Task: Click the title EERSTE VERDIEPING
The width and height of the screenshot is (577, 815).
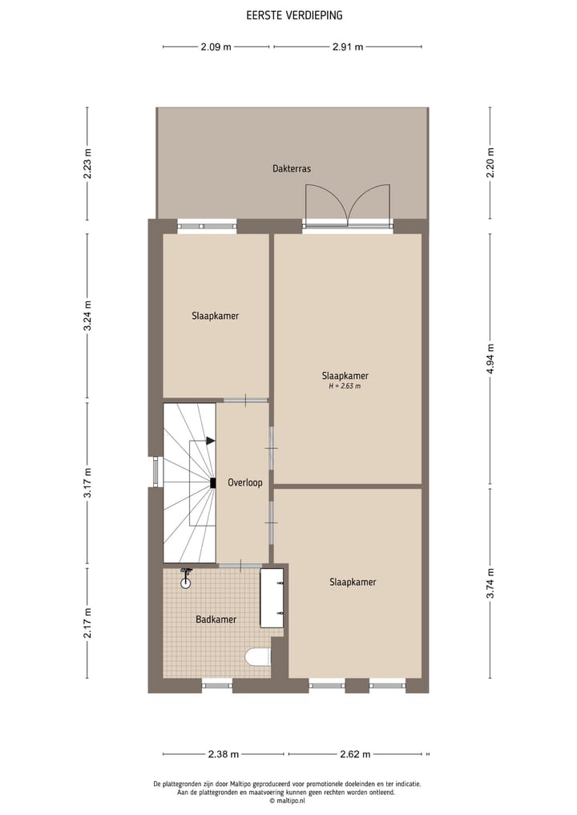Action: pyautogui.click(x=288, y=15)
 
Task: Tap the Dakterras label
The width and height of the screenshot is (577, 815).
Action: pyautogui.click(x=291, y=169)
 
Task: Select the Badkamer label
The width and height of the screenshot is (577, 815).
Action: pyautogui.click(x=216, y=619)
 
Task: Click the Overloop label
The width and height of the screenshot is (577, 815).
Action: pyautogui.click(x=244, y=482)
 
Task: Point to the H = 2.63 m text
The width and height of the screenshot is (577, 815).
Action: pyautogui.click(x=345, y=386)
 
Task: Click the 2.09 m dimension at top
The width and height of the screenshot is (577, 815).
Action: pyautogui.click(x=216, y=46)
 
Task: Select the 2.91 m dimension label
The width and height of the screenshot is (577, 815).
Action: pyautogui.click(x=348, y=46)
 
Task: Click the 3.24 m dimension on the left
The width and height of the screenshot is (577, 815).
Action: pyautogui.click(x=88, y=315)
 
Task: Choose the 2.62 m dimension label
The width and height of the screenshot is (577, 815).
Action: pyautogui.click(x=355, y=754)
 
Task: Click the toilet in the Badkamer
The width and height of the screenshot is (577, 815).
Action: pyautogui.click(x=258, y=657)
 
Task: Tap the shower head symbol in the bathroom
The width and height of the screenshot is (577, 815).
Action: pyautogui.click(x=186, y=579)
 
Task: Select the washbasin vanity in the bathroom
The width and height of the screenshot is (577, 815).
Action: pyautogui.click(x=272, y=598)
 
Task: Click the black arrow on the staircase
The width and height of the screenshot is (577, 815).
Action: pyautogui.click(x=210, y=441)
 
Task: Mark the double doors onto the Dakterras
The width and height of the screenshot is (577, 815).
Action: pyautogui.click(x=347, y=206)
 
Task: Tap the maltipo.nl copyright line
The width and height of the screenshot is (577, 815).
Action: pyautogui.click(x=288, y=800)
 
